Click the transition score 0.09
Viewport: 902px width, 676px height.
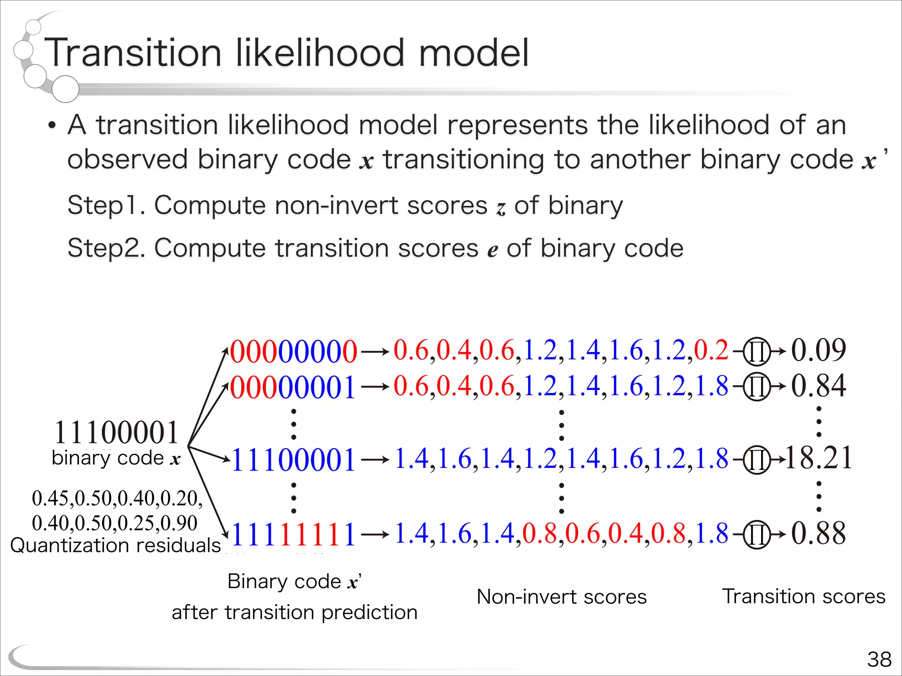[x=818, y=350]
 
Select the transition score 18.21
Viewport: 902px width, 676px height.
[x=818, y=458]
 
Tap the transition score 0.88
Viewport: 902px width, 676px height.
[x=818, y=533]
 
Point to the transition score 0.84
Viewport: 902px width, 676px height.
[x=818, y=386]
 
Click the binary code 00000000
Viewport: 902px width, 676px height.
[x=293, y=352]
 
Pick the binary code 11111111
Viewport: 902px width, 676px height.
[x=293, y=534]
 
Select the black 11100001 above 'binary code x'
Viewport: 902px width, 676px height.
[x=116, y=432]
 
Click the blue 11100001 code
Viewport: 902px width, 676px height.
[x=293, y=460]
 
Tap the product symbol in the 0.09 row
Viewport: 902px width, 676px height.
[x=757, y=352]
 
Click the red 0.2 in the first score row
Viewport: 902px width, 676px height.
[x=711, y=351]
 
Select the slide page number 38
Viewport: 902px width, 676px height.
[x=879, y=659]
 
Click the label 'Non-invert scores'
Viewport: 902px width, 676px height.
[x=562, y=597]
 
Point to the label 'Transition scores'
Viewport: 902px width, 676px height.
[x=804, y=596]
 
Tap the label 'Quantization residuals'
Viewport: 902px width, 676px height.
[x=115, y=545]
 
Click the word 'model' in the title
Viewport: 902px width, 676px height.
[x=473, y=53]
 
